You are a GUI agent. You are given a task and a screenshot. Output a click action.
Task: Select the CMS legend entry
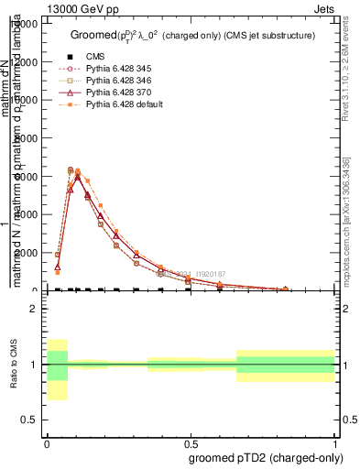point(96,57)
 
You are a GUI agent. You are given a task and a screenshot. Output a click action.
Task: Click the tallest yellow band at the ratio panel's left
point(57,369)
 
